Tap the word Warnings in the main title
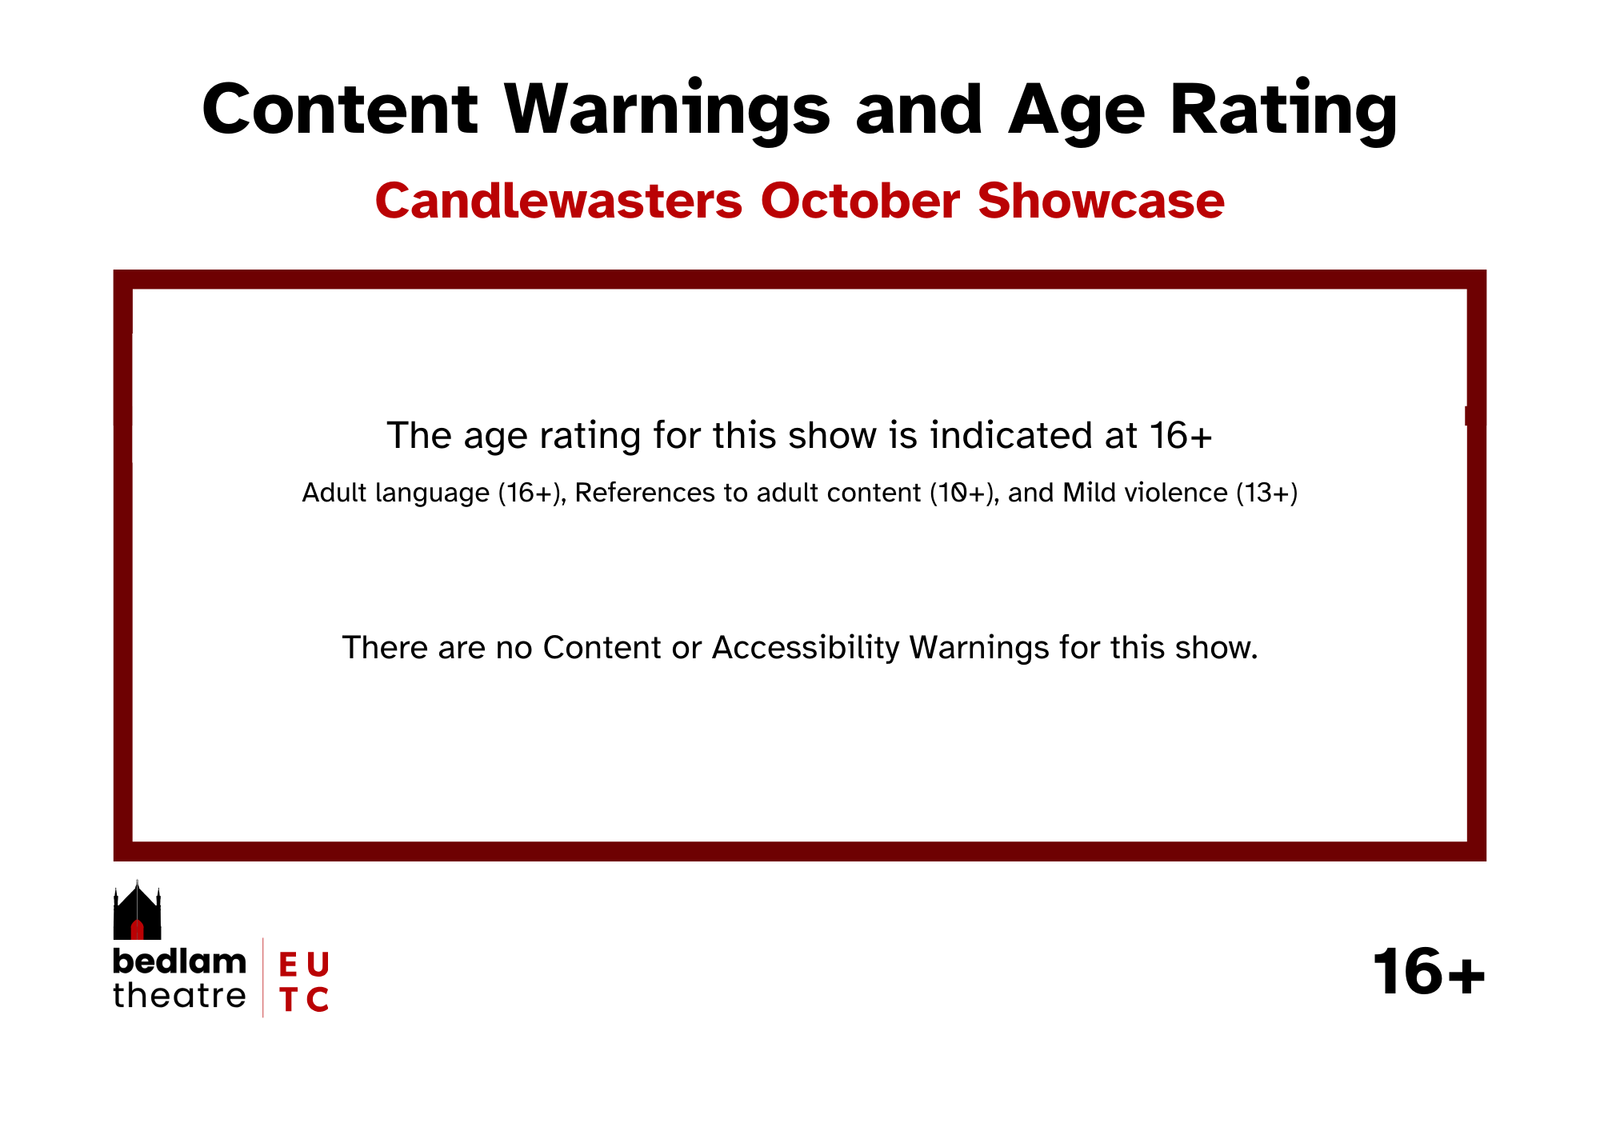tap(668, 111)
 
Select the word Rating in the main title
tap(1283, 111)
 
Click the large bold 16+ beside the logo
tap(1429, 972)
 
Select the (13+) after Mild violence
tap(1266, 493)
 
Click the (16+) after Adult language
tap(529, 493)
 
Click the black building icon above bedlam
tap(137, 910)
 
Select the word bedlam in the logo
tap(179, 961)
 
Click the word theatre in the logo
tap(179, 996)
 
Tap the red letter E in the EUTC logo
tap(288, 965)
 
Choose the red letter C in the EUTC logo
tap(318, 999)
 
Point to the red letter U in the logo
tap(318, 965)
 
